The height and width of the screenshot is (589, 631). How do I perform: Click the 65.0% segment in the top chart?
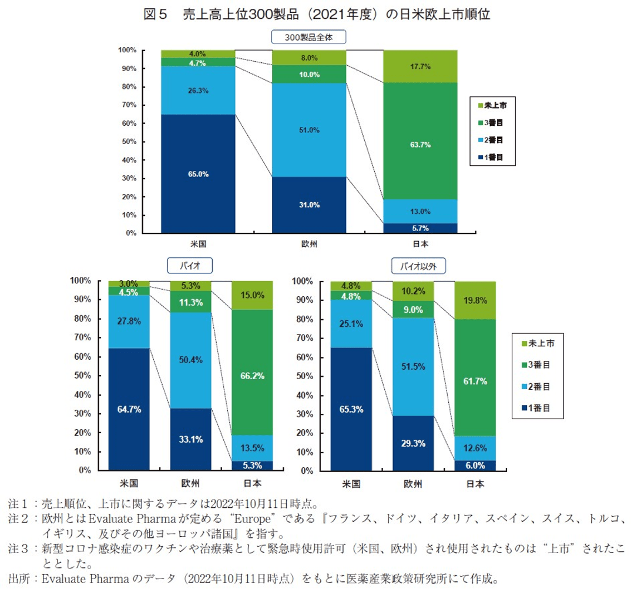[198, 174]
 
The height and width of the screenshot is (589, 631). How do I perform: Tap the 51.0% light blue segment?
[309, 130]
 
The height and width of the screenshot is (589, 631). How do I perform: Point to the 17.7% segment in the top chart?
[420, 66]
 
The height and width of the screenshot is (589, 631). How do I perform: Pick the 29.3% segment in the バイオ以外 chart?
[414, 443]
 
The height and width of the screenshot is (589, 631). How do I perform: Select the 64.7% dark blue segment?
[129, 409]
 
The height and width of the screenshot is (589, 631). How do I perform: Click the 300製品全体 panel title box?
[308, 37]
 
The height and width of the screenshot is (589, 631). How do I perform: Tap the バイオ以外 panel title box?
[418, 266]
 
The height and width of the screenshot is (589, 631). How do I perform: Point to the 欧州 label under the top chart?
[309, 243]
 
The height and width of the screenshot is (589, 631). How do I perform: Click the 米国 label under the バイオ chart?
[129, 484]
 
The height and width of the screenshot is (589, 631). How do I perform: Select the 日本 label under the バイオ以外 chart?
[475, 484]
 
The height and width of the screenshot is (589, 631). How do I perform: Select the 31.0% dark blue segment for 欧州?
[309, 205]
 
